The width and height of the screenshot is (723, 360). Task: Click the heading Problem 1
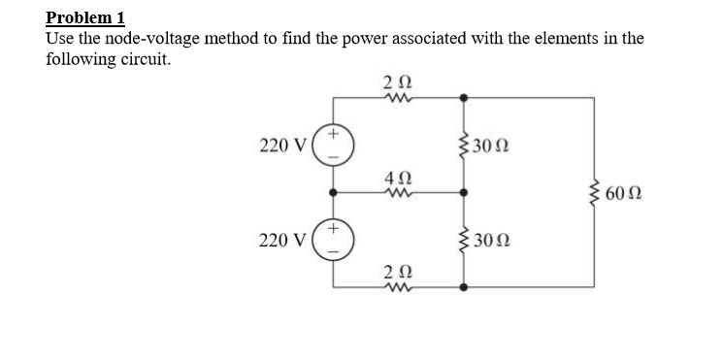pos(85,18)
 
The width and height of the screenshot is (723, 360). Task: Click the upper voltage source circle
pos(334,146)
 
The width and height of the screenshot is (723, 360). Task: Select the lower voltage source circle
pos(334,239)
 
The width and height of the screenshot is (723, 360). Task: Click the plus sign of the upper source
pos(332,133)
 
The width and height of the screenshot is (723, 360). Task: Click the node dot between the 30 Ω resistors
pos(463,192)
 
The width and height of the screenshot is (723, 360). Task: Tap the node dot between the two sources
pos(334,192)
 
